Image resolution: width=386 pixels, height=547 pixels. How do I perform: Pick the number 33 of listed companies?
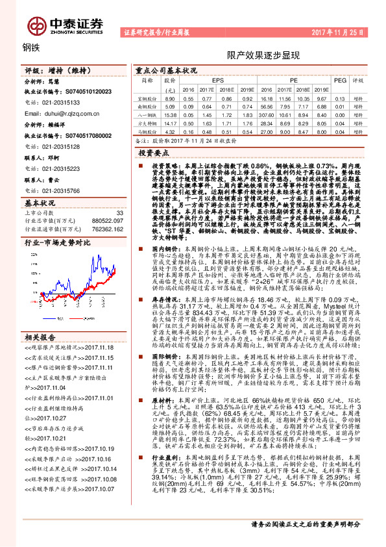(119, 212)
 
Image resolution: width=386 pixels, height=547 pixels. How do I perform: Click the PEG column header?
(340, 81)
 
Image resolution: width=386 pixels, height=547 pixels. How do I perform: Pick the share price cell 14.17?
(170, 122)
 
